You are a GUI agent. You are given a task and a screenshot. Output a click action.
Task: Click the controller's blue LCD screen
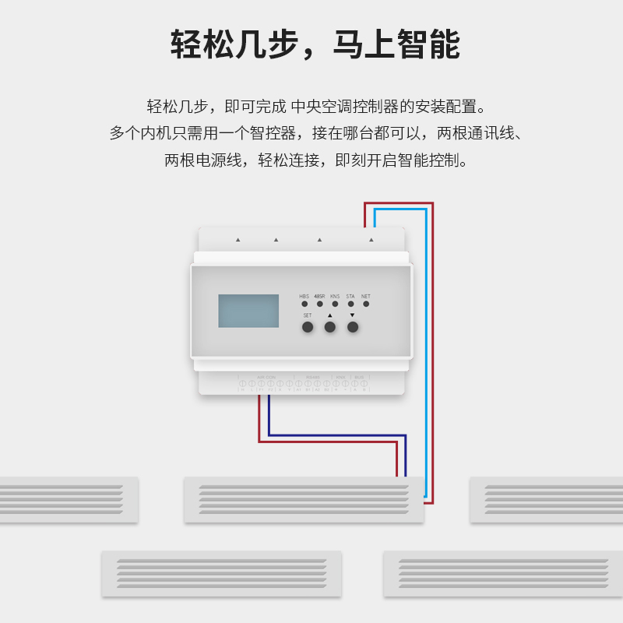pyautogui.click(x=248, y=311)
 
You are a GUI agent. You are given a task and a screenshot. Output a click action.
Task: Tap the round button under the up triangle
pyautogui.click(x=330, y=327)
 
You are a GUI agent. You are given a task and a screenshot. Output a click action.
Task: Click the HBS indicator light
pyautogui.click(x=304, y=304)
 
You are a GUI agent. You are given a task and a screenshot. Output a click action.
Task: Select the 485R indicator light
pyautogui.click(x=320, y=304)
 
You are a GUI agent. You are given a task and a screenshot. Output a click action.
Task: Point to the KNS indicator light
pyautogui.click(x=335, y=304)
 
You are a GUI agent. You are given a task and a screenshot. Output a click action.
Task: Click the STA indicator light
pyautogui.click(x=350, y=304)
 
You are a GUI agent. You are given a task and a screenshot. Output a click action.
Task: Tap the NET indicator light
pyautogui.click(x=366, y=304)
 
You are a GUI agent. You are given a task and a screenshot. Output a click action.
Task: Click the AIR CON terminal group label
pyautogui.click(x=266, y=377)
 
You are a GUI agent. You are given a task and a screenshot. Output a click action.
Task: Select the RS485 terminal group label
pyautogui.click(x=313, y=377)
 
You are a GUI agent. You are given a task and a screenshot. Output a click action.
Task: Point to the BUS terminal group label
pyautogui.click(x=359, y=377)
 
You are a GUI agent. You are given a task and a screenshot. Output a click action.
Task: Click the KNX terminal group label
pyautogui.click(x=340, y=377)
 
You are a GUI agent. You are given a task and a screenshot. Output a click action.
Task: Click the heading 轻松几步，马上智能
pyautogui.click(x=315, y=44)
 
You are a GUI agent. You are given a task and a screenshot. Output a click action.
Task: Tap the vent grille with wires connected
pyautogui.click(x=304, y=499)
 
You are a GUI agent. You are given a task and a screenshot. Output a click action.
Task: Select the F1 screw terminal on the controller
pyautogui.click(x=261, y=384)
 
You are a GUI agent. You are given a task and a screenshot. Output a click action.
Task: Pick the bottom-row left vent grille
pyautogui.click(x=221, y=574)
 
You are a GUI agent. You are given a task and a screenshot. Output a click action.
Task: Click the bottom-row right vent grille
pyautogui.click(x=503, y=574)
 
